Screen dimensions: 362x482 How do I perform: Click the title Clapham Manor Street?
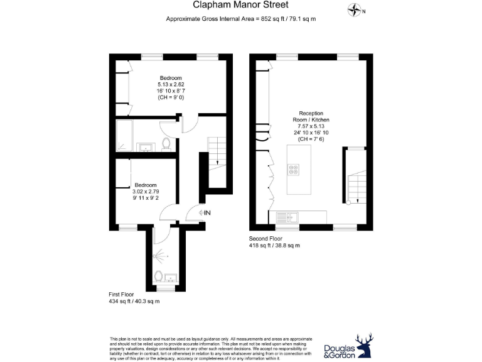(241, 6)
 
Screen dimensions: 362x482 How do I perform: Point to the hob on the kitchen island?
(293, 169)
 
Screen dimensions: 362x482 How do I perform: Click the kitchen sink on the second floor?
(291, 217)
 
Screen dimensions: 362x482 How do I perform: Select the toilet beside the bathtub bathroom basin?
(166, 145)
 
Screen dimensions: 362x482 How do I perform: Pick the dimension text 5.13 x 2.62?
(171, 85)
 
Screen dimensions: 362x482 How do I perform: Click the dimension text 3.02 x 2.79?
(147, 191)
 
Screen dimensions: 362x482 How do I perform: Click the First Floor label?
(124, 293)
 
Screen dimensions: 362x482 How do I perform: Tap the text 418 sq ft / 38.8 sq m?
(275, 245)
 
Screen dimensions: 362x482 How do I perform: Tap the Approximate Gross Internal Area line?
(240, 19)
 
